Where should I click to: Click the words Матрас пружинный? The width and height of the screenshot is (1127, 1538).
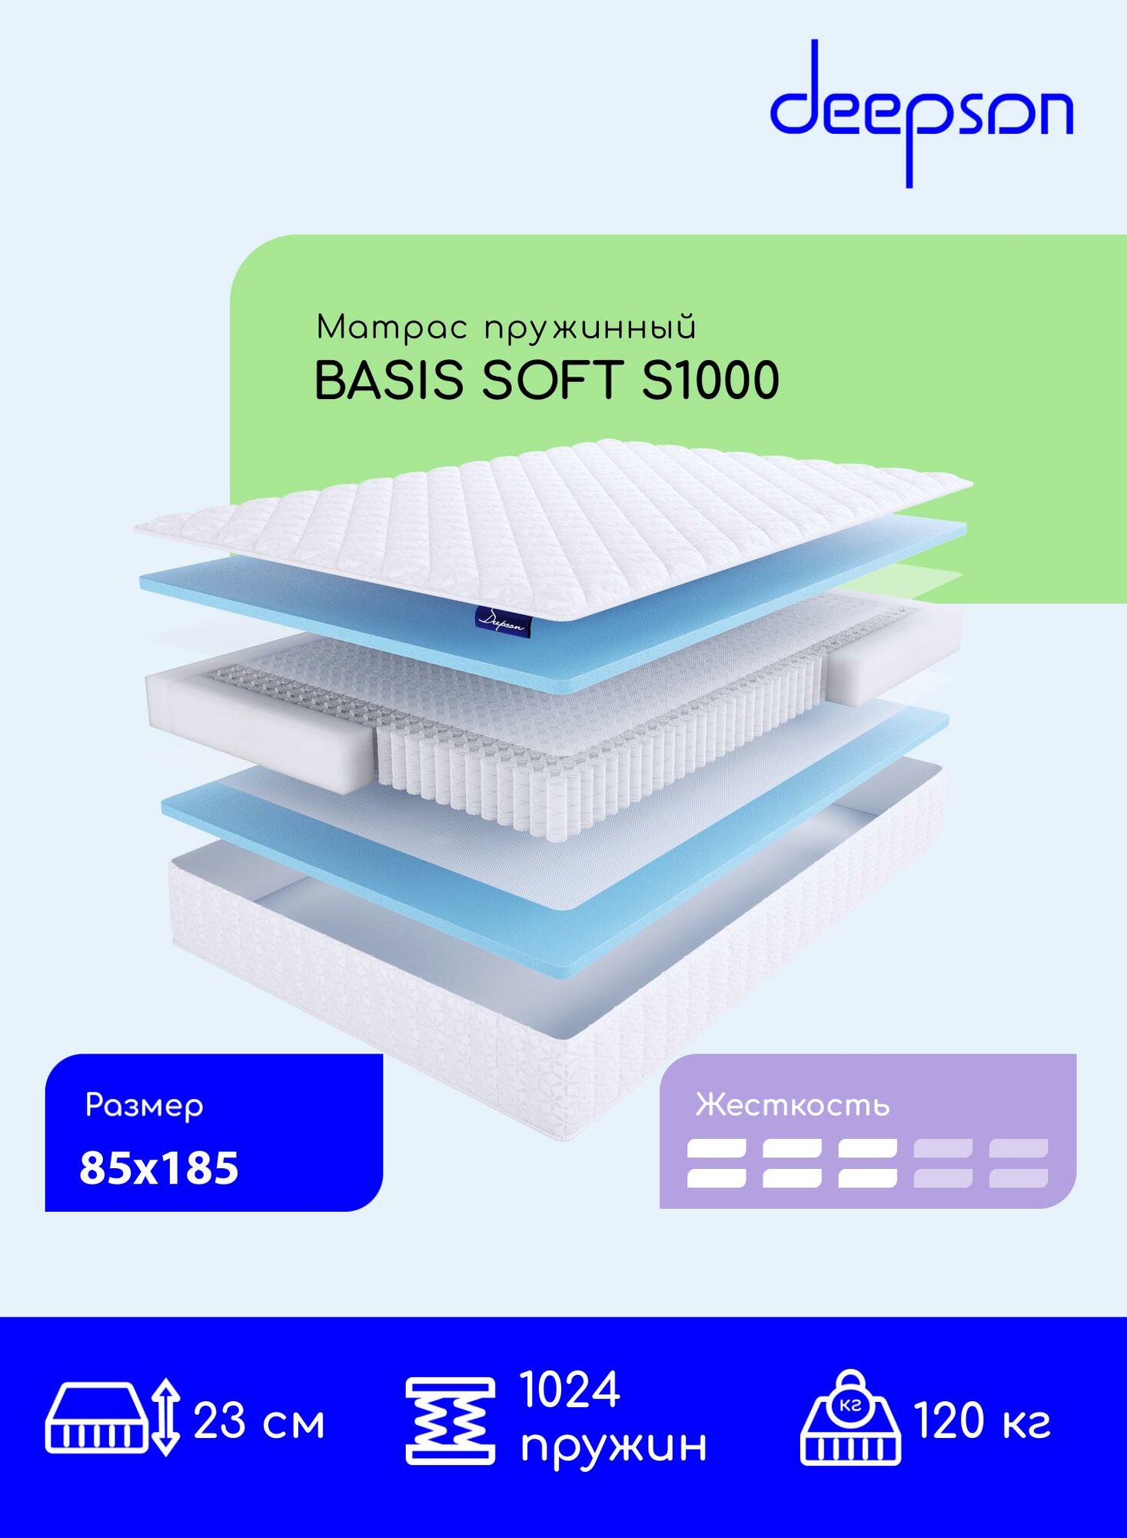(x=506, y=328)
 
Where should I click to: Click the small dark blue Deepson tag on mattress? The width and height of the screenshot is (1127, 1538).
(x=503, y=620)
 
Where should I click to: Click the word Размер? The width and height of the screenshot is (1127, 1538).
(x=144, y=1106)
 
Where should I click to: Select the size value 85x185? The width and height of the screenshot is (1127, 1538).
(x=159, y=1168)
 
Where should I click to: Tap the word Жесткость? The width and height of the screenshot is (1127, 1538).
(x=792, y=1105)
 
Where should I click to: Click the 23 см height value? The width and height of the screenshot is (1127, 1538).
(x=259, y=1421)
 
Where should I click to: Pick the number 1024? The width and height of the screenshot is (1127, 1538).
(x=570, y=1390)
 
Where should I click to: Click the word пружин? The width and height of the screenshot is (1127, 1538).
(x=613, y=1444)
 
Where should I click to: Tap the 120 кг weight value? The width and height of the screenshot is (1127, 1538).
(x=982, y=1420)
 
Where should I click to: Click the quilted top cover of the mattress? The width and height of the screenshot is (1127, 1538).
(x=554, y=523)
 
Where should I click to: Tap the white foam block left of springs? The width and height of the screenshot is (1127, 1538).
(x=261, y=731)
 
